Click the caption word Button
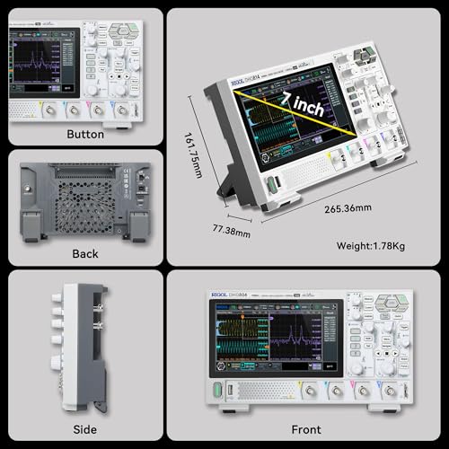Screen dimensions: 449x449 click(x=85, y=134)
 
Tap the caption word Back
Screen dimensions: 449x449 click(x=85, y=254)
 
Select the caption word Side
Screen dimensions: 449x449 click(x=85, y=430)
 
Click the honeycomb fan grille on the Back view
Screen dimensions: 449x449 click(x=85, y=204)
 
